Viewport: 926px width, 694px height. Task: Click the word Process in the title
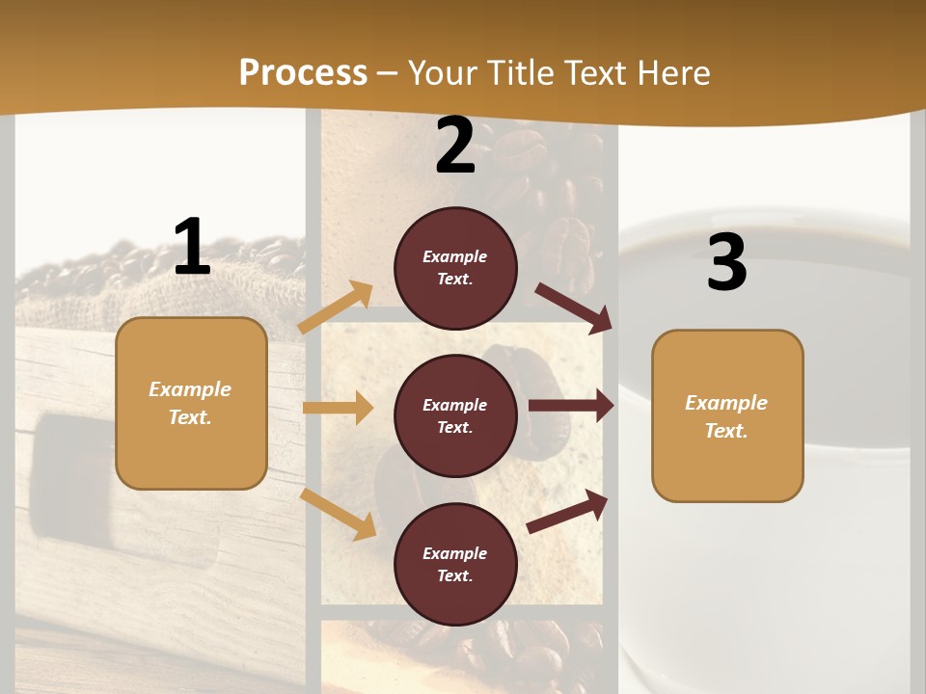point(303,72)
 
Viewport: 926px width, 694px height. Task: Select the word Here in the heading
point(669,72)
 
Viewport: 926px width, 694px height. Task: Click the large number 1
point(192,247)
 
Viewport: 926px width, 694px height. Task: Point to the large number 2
point(455,146)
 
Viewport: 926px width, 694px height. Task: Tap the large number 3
point(726,262)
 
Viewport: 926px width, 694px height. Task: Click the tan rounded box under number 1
point(191,403)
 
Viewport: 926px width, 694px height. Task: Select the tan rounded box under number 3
point(727,415)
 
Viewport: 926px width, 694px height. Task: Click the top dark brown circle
point(455,268)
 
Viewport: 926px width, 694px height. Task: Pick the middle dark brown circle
point(455,415)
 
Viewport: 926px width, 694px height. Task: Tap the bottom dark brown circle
point(455,564)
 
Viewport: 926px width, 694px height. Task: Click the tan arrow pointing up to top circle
point(336,307)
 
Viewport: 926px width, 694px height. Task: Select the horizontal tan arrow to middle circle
point(338,408)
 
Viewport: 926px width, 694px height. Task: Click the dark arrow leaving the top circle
point(573,307)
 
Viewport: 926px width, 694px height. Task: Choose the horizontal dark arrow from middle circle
point(571,406)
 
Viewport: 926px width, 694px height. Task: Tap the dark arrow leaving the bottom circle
point(568,511)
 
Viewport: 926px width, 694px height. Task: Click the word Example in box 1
point(190,389)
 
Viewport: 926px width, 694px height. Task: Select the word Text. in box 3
point(726,431)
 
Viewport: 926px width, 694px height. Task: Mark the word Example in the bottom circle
point(455,553)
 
